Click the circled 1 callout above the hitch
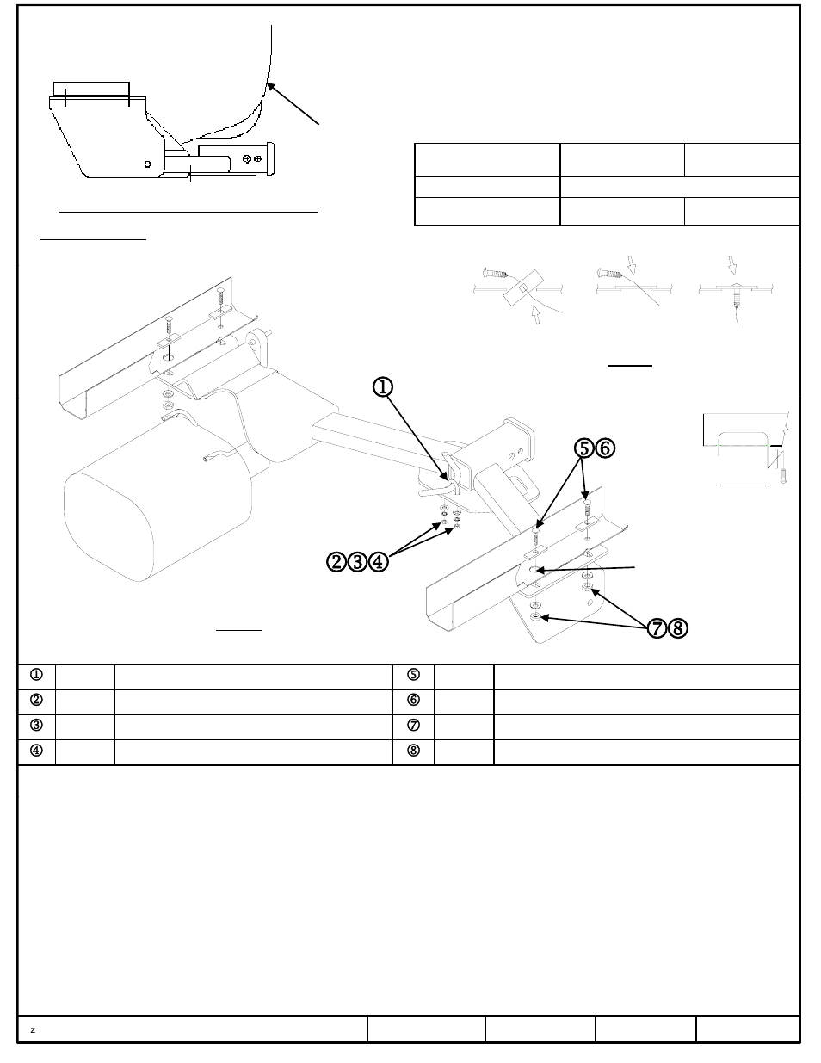click(383, 387)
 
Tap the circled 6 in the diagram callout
click(606, 448)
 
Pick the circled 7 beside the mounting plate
click(657, 628)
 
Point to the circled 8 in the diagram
click(677, 628)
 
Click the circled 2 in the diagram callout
click(336, 562)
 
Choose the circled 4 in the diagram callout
click(378, 562)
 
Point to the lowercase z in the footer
click(33, 1030)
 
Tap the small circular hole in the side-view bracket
click(147, 164)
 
